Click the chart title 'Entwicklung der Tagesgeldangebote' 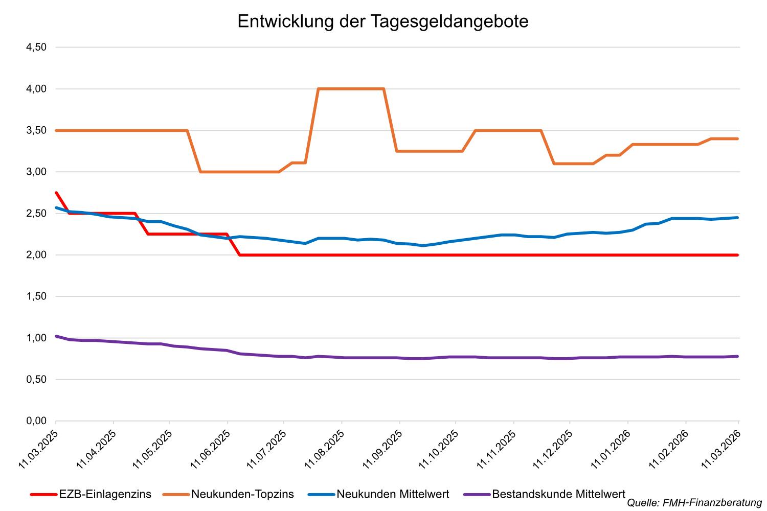383,21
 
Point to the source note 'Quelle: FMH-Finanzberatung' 694,503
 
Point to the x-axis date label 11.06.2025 210,449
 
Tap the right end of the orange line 737,138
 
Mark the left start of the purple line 56,336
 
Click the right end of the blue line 737,218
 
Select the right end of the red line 737,255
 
